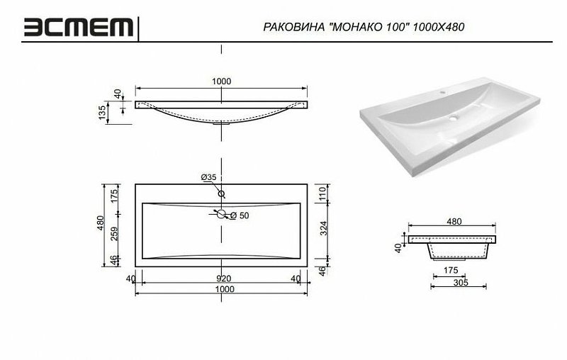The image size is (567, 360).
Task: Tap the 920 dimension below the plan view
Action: tap(222, 279)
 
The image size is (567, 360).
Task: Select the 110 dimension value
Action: tap(324, 193)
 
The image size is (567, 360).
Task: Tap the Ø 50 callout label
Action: tap(241, 215)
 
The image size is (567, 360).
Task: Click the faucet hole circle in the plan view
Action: tap(222, 193)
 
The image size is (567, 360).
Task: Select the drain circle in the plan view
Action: tap(222, 214)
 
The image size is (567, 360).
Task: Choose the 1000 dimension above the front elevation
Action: tap(221, 81)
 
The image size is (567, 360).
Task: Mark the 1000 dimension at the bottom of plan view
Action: tap(222, 289)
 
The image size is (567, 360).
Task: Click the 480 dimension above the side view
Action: tap(453, 222)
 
